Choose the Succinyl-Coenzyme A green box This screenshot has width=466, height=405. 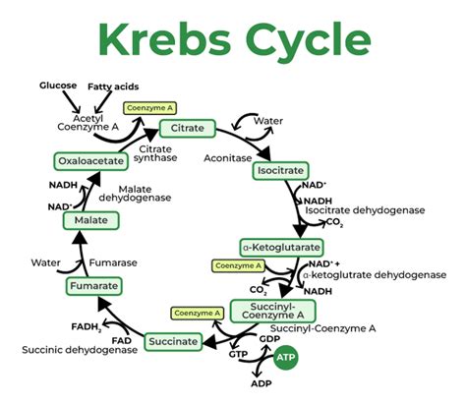[x=273, y=312]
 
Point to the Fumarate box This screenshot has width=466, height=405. [x=94, y=286]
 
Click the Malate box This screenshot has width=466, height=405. [x=90, y=221]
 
